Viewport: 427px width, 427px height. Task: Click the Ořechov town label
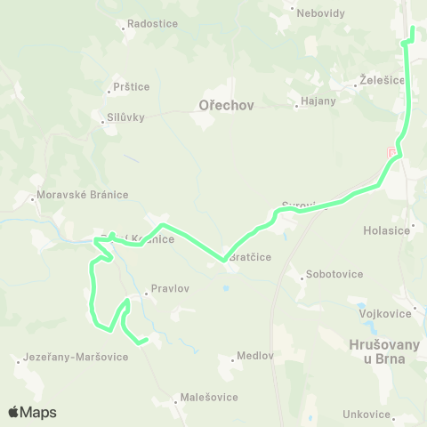[223, 105]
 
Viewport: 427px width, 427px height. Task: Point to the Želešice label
[383, 79]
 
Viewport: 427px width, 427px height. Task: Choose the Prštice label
[133, 87]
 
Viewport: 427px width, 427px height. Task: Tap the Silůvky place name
[125, 117]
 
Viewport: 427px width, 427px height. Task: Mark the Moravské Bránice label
[83, 195]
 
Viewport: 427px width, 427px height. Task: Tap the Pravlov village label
[170, 289]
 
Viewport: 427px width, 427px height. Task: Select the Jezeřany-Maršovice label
[77, 357]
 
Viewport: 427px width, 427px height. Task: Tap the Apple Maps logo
[32, 412]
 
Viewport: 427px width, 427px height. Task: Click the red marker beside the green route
[391, 154]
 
